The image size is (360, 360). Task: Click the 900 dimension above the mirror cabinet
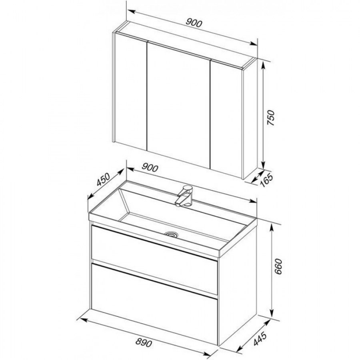[x=194, y=23]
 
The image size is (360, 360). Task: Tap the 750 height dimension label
[x=271, y=118]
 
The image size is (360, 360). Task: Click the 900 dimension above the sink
[x=150, y=168]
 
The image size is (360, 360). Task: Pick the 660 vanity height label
[x=278, y=267]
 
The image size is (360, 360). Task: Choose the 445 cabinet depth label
[x=260, y=339]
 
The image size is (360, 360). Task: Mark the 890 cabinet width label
[x=144, y=343]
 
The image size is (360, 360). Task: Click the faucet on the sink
[x=184, y=196]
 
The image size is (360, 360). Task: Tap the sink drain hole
[x=171, y=234]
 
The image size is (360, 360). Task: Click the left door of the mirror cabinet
[x=131, y=92]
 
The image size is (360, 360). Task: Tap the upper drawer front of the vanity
[x=154, y=260]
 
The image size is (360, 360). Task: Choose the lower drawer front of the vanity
[x=154, y=304]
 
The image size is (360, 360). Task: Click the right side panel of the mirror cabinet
[x=250, y=118]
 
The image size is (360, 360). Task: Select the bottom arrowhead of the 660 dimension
[x=272, y=313]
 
